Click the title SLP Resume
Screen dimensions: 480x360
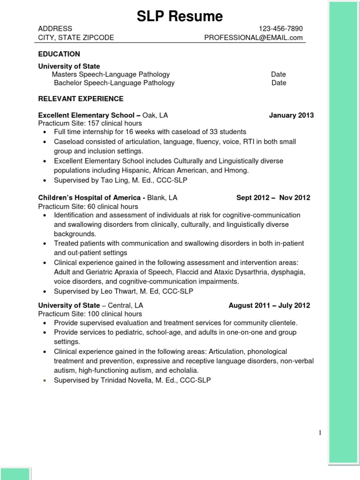(180, 16)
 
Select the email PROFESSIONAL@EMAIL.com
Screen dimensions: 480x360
(253, 38)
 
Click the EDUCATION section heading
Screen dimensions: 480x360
(59, 54)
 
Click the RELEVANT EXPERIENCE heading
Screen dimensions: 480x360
(81, 99)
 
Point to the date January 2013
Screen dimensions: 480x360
(291, 115)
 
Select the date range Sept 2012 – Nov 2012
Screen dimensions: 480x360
(273, 198)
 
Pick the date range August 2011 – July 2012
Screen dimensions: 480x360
(269, 306)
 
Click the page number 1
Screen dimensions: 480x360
(320, 433)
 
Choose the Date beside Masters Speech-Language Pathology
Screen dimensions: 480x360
(278, 75)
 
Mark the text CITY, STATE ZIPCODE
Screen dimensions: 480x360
(76, 38)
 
